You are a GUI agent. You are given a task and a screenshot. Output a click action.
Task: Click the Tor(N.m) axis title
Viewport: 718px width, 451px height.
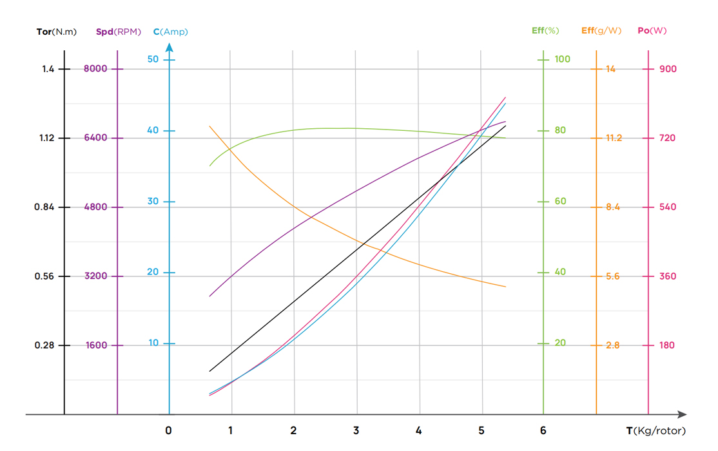[x=57, y=32]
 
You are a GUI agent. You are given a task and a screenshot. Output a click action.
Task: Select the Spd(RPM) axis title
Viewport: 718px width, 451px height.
[x=118, y=32]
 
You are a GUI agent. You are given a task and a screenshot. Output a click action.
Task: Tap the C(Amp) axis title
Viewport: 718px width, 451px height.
[x=171, y=32]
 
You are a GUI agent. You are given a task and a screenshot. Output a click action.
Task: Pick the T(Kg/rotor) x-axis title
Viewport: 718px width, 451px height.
[x=656, y=430]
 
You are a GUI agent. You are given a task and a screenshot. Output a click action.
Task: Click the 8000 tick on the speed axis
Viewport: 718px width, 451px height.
[x=95, y=69]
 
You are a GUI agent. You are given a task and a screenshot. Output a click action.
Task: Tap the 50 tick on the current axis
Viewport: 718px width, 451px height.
[x=153, y=59]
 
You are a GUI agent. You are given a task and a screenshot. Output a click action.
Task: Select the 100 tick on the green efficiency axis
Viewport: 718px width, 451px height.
[x=563, y=59]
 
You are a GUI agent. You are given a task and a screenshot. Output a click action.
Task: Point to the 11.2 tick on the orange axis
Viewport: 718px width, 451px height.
[x=613, y=138]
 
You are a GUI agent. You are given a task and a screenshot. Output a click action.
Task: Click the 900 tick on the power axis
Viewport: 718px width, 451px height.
[x=668, y=69]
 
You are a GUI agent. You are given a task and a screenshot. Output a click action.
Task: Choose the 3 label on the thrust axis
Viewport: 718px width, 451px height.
[x=356, y=430]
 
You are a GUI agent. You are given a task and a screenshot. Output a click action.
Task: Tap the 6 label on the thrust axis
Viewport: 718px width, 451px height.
[x=543, y=430]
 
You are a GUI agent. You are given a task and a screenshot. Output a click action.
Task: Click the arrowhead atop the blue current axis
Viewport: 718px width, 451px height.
[x=169, y=47]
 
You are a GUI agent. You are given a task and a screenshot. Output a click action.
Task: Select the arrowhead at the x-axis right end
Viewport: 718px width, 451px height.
[x=683, y=415]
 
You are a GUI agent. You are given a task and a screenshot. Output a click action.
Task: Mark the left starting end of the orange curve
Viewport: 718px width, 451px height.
[x=210, y=126]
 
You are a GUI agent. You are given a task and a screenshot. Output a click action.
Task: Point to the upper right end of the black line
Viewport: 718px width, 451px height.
[x=505, y=126]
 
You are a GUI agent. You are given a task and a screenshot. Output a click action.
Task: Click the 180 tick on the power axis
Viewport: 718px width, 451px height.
[x=666, y=345]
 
